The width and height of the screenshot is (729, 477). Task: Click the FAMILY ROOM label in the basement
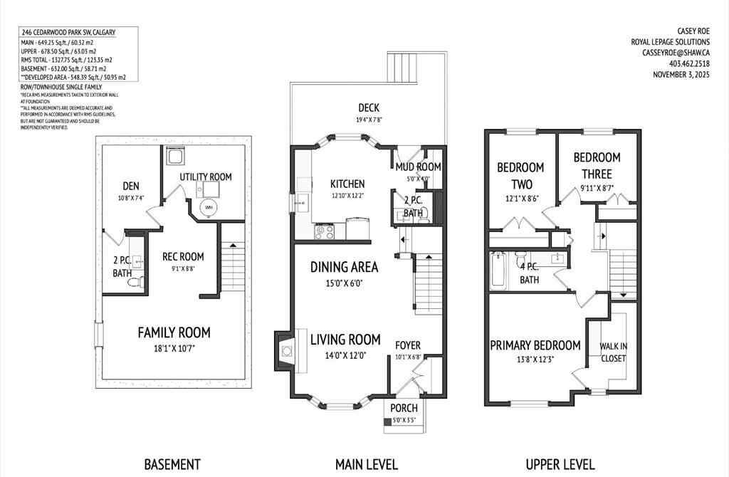coord(174,332)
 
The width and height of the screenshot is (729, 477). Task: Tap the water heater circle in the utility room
coord(209,208)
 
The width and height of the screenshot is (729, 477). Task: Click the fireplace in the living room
coord(286,350)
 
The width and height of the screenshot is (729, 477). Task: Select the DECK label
coord(368,108)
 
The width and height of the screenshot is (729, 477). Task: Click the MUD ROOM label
coord(419,167)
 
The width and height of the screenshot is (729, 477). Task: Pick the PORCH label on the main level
coord(403,408)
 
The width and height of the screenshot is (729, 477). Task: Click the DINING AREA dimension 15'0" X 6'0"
coord(344,283)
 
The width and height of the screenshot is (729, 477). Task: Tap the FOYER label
coord(409,345)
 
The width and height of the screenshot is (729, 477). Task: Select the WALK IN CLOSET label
coord(613,352)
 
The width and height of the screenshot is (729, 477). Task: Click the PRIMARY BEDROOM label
coord(535,345)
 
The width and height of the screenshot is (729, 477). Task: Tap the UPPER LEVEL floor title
coord(560,464)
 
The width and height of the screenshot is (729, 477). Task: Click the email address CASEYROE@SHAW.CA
coord(676,53)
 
